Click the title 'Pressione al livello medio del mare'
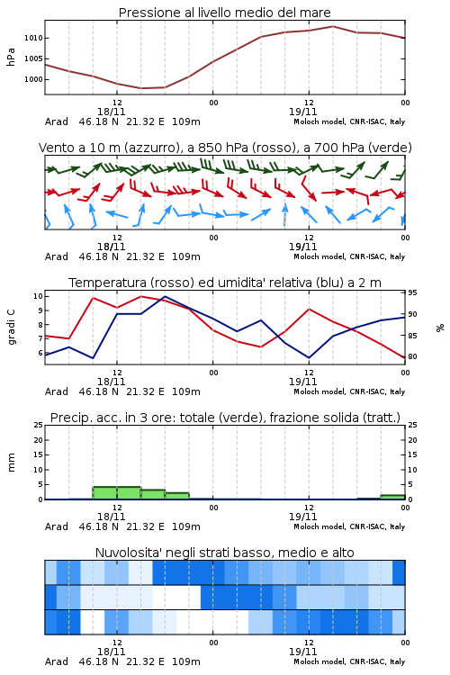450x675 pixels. (224, 13)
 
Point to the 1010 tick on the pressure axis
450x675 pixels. (33, 38)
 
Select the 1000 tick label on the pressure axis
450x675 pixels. (33, 79)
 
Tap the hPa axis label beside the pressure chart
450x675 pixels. (11, 57)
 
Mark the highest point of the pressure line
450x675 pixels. (332, 26)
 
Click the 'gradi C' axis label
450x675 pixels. (12, 327)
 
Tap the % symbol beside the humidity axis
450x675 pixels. (440, 328)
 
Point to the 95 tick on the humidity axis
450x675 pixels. (412, 292)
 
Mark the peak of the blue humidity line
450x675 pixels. (165, 296)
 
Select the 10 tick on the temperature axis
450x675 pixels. (38, 296)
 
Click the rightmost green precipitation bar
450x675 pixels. (392, 497)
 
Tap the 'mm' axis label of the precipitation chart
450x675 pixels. (11, 463)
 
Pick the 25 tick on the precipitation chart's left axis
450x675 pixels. (38, 425)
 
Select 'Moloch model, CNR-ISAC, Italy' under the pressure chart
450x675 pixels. (349, 121)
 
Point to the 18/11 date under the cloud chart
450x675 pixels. (111, 652)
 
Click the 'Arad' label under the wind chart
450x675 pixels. (57, 256)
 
